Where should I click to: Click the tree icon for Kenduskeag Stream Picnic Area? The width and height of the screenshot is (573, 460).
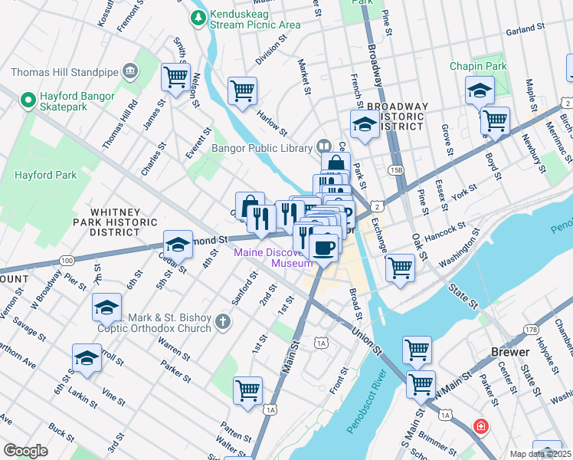click(x=199, y=16)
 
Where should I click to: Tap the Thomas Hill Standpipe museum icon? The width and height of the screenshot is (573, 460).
click(x=129, y=72)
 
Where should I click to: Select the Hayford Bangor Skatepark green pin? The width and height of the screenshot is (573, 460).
click(x=28, y=99)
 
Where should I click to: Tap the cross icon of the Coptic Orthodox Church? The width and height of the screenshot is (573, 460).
click(x=222, y=320)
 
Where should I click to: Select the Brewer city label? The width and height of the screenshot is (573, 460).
click(x=509, y=352)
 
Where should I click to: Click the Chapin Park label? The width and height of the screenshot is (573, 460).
click(x=479, y=67)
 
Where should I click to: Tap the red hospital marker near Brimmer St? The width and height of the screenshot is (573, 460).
click(x=480, y=426)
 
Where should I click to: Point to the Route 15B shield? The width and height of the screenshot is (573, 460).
click(x=395, y=169)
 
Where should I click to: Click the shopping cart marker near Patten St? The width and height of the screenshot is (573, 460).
click(x=248, y=391)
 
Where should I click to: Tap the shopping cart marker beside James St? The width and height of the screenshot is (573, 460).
click(x=175, y=77)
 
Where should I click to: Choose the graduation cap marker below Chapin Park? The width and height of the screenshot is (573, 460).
click(x=479, y=91)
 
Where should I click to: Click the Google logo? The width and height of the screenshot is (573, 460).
click(x=25, y=450)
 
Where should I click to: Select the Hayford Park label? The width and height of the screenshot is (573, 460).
click(x=46, y=175)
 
